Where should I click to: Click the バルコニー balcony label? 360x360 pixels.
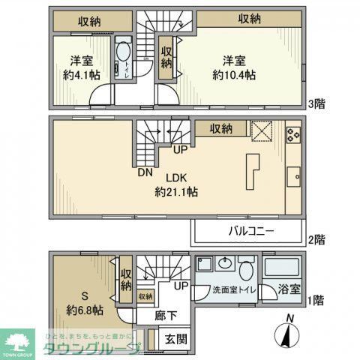[251, 232]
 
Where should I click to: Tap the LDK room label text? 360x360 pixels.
[176, 178]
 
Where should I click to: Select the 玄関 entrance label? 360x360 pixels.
[176, 338]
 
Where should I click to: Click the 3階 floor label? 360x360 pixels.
[315, 104]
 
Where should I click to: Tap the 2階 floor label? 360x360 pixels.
[316, 240]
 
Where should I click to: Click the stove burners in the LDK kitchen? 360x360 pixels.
[293, 136]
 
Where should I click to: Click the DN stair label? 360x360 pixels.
[144, 172]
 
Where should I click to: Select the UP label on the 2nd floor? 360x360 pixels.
[180, 150]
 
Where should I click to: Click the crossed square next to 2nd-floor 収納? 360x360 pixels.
[260, 130]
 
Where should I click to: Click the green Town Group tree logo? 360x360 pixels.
[16, 341]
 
